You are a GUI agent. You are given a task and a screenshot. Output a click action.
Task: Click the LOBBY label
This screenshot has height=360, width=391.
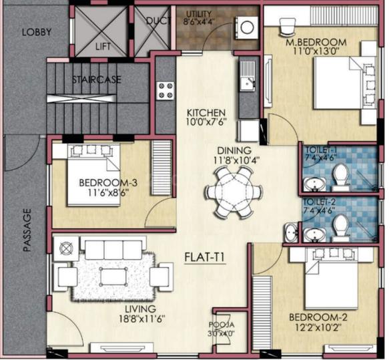36,31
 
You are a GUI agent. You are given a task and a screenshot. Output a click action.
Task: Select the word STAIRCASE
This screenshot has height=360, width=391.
97,79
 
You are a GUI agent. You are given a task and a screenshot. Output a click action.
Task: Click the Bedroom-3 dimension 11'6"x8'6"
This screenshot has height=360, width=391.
103,194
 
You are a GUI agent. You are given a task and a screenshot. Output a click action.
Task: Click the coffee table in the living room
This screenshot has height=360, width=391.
111,275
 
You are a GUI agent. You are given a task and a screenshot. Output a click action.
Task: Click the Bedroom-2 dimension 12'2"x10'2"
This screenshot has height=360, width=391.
316,327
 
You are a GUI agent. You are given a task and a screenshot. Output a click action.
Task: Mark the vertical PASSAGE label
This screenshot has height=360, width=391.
27,230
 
